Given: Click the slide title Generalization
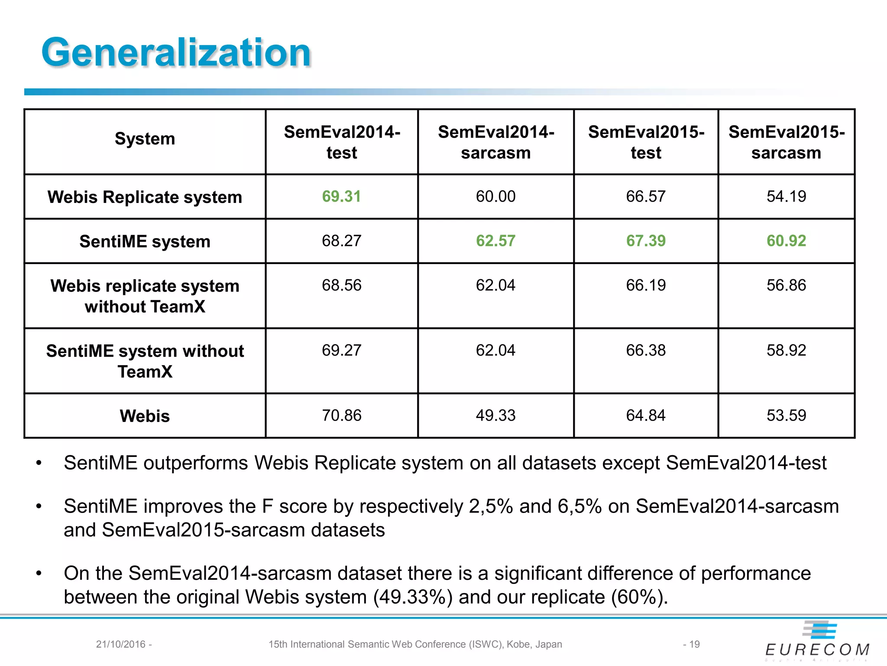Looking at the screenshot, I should (176, 52).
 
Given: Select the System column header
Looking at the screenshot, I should (145, 139).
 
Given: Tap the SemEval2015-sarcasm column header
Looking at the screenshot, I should (786, 142).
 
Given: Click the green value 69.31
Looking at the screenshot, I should (341, 196).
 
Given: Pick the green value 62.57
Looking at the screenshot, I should (495, 241).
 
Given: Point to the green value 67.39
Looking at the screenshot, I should (645, 241).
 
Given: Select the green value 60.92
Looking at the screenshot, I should (786, 241).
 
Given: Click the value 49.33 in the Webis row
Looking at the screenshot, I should (495, 415).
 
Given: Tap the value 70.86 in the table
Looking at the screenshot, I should (341, 415).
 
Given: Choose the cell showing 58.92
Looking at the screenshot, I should (786, 350).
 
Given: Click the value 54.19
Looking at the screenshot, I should (786, 196).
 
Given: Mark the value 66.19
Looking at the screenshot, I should (645, 285).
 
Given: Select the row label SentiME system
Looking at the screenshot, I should (145, 242).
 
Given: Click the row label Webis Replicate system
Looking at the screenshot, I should (145, 197).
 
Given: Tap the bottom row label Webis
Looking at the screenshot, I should (145, 416).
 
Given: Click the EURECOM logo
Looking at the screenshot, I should (818, 642).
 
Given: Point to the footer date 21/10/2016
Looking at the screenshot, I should (120, 644).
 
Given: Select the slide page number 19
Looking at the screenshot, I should (694, 644).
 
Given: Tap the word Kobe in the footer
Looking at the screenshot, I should (518, 644).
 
